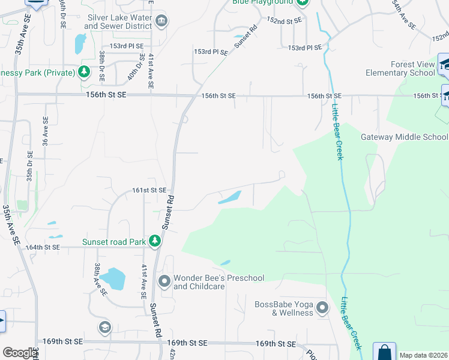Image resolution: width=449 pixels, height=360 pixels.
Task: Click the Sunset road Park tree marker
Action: pos(155,242)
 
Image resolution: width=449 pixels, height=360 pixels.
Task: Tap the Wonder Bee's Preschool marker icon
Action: pos(164,281)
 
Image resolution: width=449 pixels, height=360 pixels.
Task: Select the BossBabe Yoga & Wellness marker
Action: pos(322,308)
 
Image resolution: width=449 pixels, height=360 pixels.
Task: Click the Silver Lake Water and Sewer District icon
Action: pos(161,22)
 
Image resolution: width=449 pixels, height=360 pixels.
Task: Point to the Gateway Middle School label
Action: pos(404,137)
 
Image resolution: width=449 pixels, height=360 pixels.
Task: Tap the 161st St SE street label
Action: pos(149,190)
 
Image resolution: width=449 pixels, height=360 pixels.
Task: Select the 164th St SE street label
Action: pos(43,247)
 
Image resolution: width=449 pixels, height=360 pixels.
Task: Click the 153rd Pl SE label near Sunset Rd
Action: pos(211,52)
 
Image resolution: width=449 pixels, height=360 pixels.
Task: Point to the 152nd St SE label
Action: pos(284,20)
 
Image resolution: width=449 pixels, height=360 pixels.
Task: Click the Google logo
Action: pos(20,353)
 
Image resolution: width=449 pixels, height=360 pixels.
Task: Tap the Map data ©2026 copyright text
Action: pos(423,355)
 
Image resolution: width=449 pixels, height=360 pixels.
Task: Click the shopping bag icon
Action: pos(384,352)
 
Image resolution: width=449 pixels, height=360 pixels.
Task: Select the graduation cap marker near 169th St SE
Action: pos(105,328)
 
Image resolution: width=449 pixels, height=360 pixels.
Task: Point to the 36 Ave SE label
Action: pos(45,131)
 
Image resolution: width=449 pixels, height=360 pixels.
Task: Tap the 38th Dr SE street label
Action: pos(102,67)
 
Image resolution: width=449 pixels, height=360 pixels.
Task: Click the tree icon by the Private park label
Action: pos(85,73)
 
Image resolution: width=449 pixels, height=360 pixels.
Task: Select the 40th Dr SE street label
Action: pos(132,67)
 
